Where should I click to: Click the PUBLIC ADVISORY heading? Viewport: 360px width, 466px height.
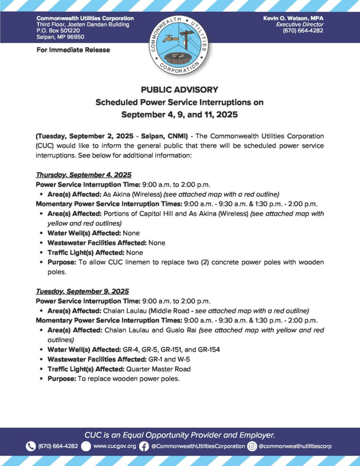click(180, 90)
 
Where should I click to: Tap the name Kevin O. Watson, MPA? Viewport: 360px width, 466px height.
click(293, 18)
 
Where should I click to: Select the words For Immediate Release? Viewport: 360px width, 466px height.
click(73, 50)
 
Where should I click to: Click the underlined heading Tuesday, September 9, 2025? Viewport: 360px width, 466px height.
click(82, 291)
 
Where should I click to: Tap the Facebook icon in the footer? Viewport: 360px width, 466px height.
click(144, 446)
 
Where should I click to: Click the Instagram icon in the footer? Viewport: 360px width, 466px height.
click(252, 446)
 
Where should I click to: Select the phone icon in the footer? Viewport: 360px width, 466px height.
click(30, 446)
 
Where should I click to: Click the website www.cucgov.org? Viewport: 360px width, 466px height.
click(114, 446)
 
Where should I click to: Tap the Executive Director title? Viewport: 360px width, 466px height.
click(299, 24)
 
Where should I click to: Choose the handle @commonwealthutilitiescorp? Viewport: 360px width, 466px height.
click(295, 446)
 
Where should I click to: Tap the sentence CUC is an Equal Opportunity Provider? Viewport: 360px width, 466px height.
click(180, 435)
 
